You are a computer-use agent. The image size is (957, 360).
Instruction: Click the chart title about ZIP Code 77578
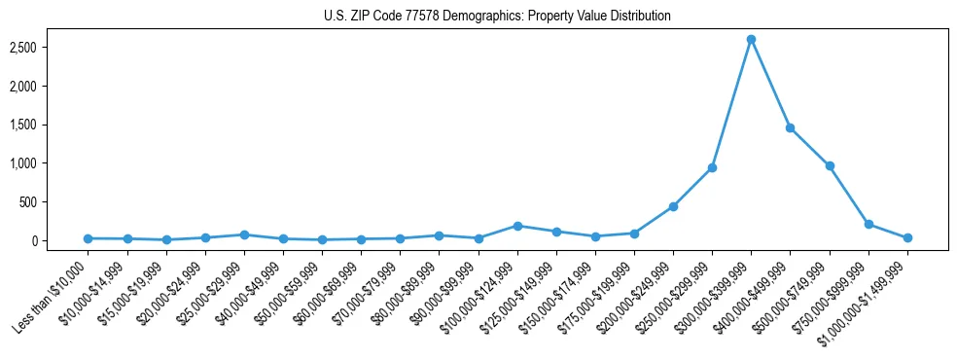click(497, 16)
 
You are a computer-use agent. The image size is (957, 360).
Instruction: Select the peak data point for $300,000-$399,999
click(751, 39)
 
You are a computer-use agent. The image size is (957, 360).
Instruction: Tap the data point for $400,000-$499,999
click(790, 127)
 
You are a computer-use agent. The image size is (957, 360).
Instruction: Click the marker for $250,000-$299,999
click(712, 167)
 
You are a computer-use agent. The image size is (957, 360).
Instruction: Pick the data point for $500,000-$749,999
click(829, 165)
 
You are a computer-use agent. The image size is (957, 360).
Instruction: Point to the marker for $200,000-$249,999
click(673, 206)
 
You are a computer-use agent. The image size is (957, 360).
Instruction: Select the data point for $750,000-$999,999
click(868, 224)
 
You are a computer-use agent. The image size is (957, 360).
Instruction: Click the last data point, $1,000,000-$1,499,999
click(907, 237)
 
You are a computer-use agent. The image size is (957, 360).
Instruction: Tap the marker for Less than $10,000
click(89, 238)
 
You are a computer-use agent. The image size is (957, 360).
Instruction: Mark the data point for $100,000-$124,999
click(517, 226)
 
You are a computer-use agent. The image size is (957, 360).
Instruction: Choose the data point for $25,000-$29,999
click(244, 234)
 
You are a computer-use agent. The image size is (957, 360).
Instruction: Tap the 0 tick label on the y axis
click(60, 241)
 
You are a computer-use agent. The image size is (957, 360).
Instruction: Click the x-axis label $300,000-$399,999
click(715, 295)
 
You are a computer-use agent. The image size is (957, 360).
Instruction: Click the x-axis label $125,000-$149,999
click(520, 295)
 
